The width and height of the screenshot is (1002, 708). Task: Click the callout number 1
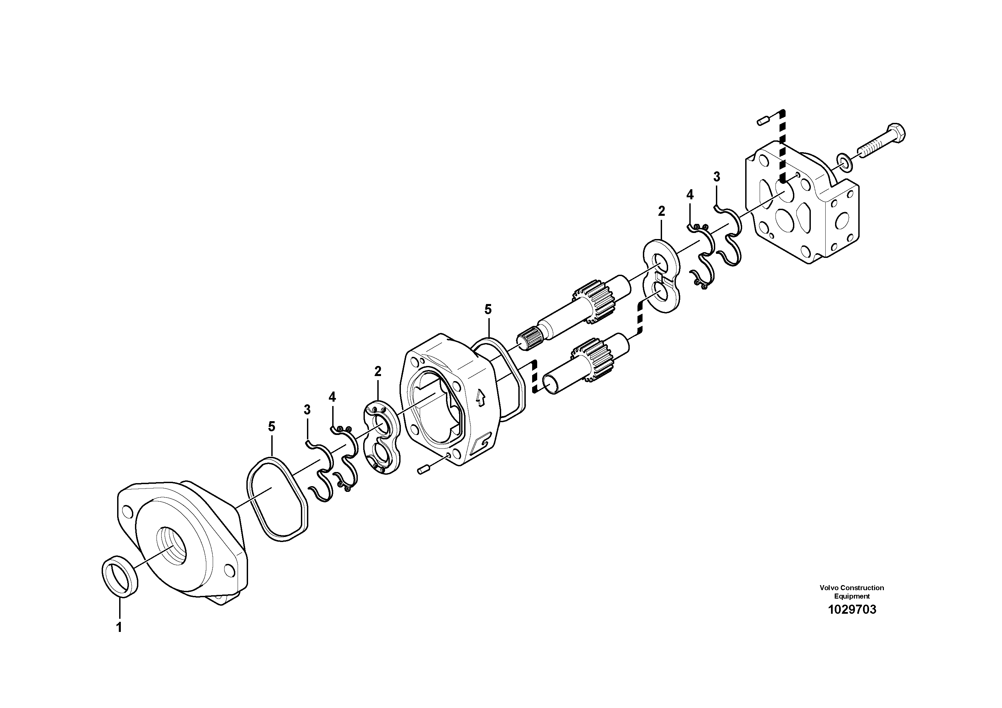click(119, 627)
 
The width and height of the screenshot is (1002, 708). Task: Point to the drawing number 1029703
click(852, 610)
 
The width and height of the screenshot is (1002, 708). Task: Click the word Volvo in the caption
click(829, 587)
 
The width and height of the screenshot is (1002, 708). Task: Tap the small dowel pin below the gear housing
click(424, 470)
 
